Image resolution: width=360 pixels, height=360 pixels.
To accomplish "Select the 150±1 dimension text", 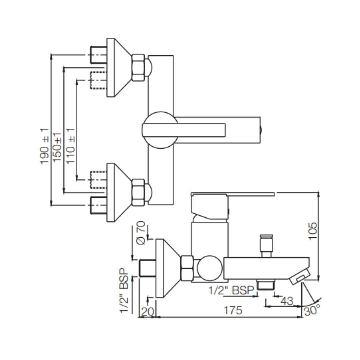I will (57, 147).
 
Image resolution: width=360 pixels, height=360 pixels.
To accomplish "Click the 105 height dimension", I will (313, 230).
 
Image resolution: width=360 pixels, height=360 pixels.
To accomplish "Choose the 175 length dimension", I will (233, 310).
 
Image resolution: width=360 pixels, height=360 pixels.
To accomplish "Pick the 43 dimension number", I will (286, 301).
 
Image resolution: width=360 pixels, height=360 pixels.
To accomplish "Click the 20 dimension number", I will (147, 312).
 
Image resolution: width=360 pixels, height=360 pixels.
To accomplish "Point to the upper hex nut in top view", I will (138, 68).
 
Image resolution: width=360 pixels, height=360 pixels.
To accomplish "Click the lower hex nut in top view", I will (138, 192).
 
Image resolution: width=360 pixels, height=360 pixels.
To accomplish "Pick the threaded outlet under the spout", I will (265, 285).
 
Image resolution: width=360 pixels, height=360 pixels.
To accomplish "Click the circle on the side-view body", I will (209, 268).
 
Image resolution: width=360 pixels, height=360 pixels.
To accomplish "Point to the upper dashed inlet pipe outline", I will (97, 80).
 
